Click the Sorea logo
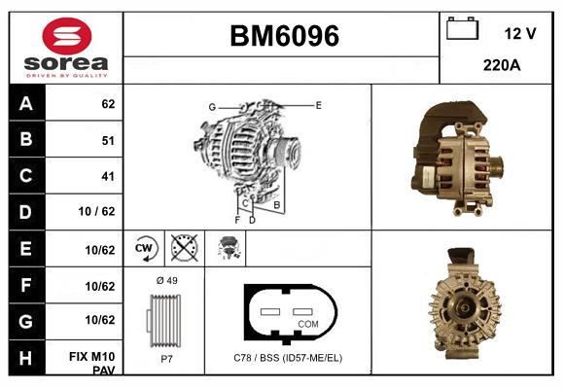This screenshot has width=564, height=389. pyautogui.click(x=66, y=49)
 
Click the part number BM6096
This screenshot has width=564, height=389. pyautogui.click(x=284, y=37)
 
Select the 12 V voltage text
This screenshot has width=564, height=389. pyautogui.click(x=520, y=33)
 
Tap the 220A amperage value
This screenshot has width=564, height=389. pyautogui.click(x=502, y=66)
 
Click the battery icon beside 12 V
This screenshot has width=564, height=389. pyautogui.click(x=462, y=30)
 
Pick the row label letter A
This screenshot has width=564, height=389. pyautogui.click(x=26, y=103)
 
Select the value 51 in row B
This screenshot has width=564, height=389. pyautogui.click(x=107, y=140)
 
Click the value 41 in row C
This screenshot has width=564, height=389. pyautogui.click(x=107, y=176)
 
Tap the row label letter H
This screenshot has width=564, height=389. pyautogui.click(x=26, y=358)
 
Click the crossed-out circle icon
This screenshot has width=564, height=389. pyautogui.click(x=182, y=248)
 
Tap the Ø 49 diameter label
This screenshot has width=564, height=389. pyautogui.click(x=166, y=280)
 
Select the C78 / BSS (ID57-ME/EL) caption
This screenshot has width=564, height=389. pyautogui.click(x=288, y=358)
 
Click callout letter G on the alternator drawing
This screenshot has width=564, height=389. pyautogui.click(x=212, y=106)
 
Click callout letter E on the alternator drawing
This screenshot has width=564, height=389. pyautogui.click(x=318, y=104)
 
